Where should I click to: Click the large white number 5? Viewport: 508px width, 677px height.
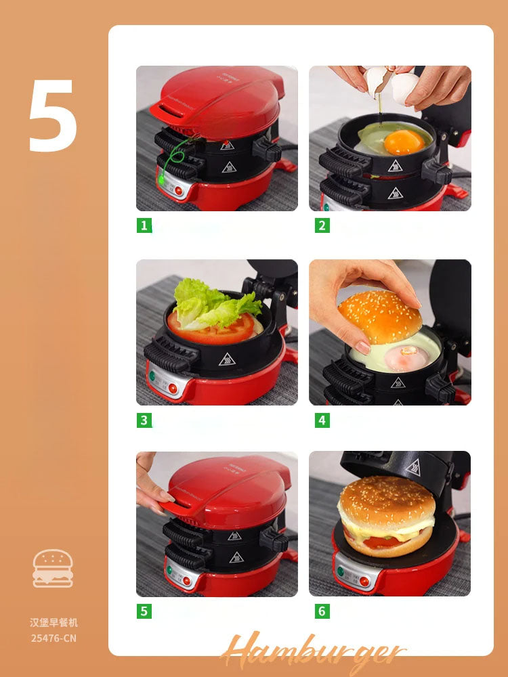pyautogui.click(x=53, y=116)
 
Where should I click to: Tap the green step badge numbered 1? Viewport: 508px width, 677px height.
pyautogui.click(x=144, y=225)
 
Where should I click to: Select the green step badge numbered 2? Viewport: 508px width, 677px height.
pyautogui.click(x=322, y=225)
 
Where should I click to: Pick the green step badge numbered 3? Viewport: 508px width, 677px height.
pyautogui.click(x=144, y=420)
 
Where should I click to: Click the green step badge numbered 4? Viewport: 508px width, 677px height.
pyautogui.click(x=322, y=420)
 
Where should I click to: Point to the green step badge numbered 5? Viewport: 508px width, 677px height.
pyautogui.click(x=144, y=611)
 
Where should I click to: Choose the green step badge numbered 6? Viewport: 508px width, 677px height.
pyautogui.click(x=322, y=611)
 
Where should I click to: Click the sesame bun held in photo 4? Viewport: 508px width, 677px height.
pyautogui.click(x=379, y=316)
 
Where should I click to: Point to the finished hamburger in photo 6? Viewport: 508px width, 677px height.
pyautogui.click(x=387, y=516)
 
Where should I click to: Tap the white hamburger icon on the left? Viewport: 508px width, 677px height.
pyautogui.click(x=53, y=568)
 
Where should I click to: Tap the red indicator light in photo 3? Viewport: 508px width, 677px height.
pyautogui.click(x=173, y=388)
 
